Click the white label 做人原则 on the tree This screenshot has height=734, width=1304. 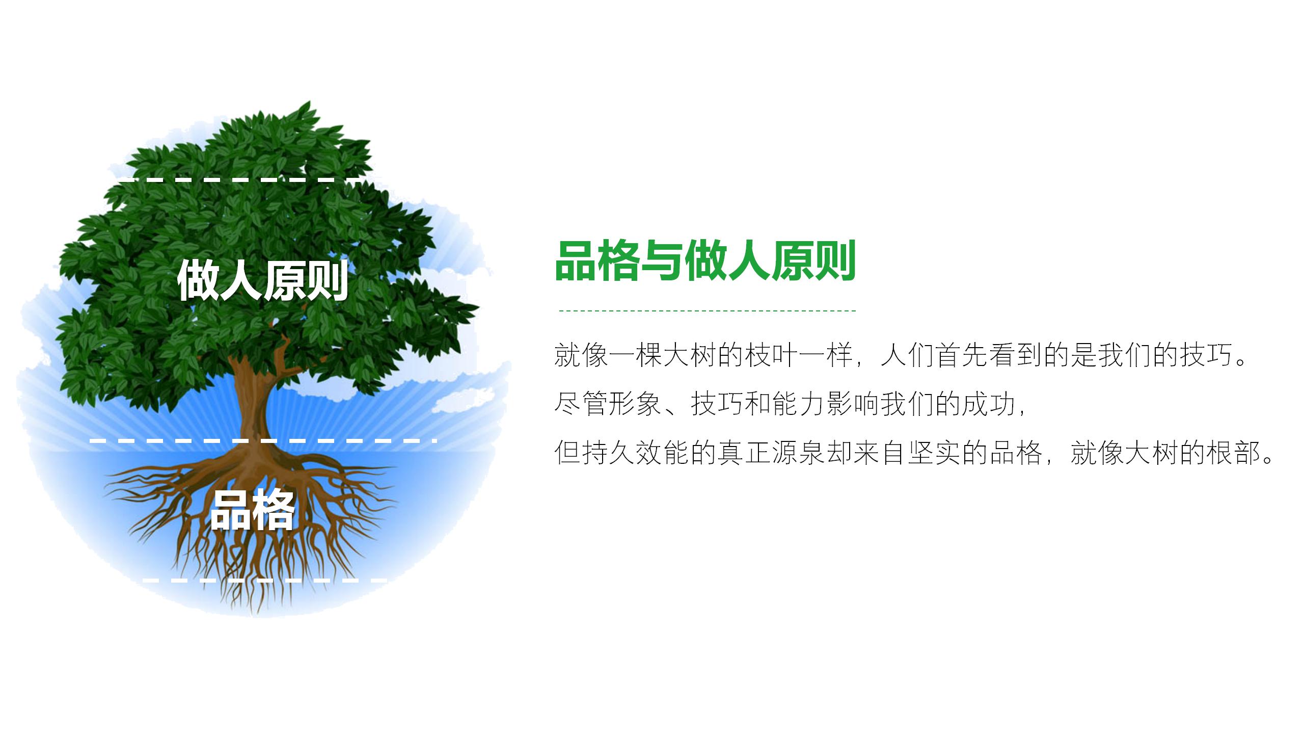(x=262, y=280)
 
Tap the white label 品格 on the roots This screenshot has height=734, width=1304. (x=252, y=509)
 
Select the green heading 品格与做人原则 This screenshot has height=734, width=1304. (x=705, y=261)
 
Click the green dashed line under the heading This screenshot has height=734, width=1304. (x=708, y=310)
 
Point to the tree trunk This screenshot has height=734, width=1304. (x=252, y=403)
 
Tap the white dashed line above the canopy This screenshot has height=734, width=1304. (x=239, y=180)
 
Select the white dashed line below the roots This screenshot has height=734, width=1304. (x=265, y=580)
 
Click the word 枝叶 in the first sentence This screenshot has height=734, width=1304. (x=771, y=355)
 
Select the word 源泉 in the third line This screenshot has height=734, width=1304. (x=798, y=452)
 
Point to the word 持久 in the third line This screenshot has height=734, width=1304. (x=608, y=452)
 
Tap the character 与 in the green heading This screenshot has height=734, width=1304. (x=662, y=261)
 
